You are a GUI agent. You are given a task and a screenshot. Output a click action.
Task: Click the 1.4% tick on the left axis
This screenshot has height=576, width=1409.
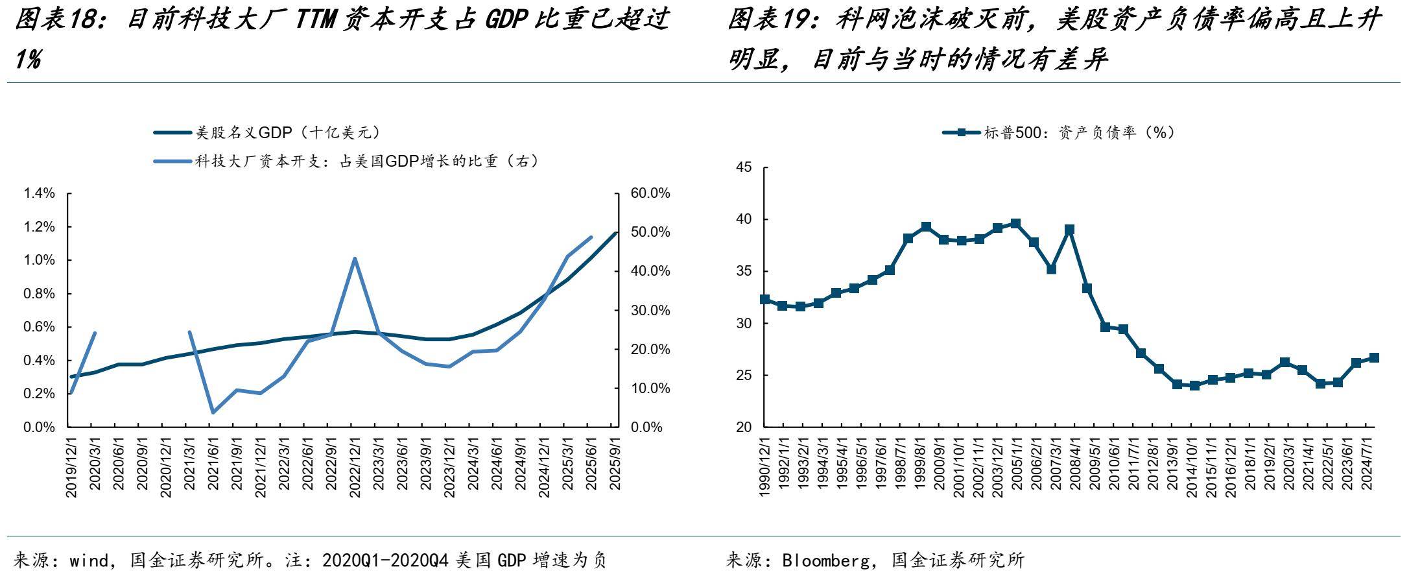pyautogui.click(x=39, y=193)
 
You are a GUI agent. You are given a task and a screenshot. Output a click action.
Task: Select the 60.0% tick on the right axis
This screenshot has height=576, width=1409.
pyautogui.click(x=650, y=193)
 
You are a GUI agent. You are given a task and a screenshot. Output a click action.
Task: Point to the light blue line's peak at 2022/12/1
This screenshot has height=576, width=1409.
pyautogui.click(x=355, y=258)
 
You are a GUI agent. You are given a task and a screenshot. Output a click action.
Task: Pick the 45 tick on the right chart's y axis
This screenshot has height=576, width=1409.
pyautogui.click(x=744, y=167)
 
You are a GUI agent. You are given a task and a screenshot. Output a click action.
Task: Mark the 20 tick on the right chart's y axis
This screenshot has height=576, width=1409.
pyautogui.click(x=744, y=427)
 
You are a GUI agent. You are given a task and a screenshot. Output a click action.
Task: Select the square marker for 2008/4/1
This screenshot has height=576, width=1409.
pyautogui.click(x=1070, y=230)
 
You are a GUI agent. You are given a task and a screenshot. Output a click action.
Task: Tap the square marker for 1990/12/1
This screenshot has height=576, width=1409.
pyautogui.click(x=765, y=299)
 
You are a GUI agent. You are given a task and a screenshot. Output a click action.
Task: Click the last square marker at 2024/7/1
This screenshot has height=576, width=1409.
pyautogui.click(x=1374, y=357)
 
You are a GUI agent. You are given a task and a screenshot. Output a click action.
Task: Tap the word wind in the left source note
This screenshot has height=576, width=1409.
pyautogui.click(x=89, y=560)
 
